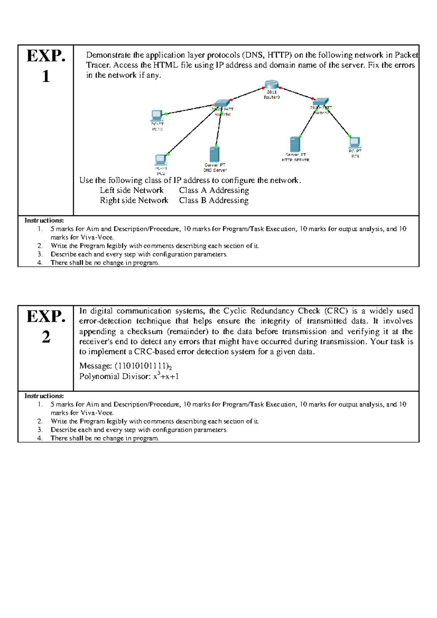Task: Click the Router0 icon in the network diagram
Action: (x=271, y=85)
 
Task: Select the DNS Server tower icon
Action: (x=214, y=154)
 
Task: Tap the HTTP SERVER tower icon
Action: (x=295, y=144)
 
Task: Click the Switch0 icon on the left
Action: (x=222, y=103)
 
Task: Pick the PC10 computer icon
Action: (x=157, y=116)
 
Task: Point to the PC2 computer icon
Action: (x=161, y=160)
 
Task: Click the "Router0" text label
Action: (x=272, y=97)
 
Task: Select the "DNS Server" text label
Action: (x=215, y=170)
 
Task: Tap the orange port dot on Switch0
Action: (x=214, y=105)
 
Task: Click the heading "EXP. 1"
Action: (x=46, y=66)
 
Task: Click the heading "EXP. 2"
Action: (x=46, y=326)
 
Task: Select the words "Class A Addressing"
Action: (x=214, y=190)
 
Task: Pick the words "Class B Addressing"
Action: (x=213, y=200)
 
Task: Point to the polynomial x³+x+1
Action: (x=166, y=376)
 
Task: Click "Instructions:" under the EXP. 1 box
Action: (x=44, y=220)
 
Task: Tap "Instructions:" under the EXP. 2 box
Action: (x=44, y=396)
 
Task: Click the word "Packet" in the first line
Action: (x=406, y=55)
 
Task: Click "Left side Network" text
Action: (x=131, y=190)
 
